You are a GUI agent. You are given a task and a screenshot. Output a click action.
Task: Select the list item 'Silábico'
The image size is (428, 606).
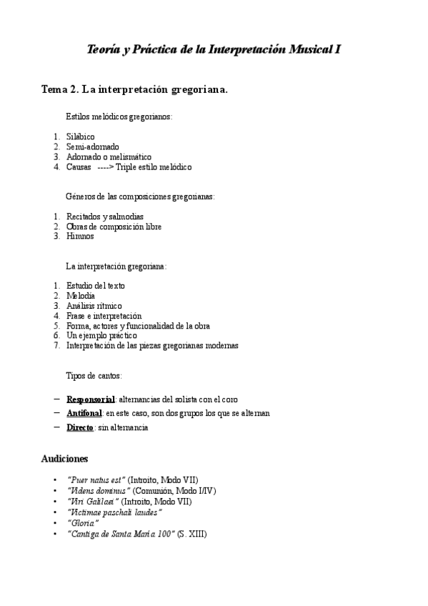tap(81, 136)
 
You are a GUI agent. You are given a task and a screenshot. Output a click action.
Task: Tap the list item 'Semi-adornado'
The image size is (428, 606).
tap(93, 146)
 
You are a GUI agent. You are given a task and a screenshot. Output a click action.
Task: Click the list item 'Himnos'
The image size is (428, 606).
tap(80, 237)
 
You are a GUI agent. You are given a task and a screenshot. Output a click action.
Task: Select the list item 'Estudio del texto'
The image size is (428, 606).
tap(96, 286)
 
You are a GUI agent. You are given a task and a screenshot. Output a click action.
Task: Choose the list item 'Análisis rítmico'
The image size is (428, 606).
tap(94, 306)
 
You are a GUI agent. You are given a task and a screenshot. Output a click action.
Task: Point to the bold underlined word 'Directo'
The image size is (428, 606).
tap(80, 427)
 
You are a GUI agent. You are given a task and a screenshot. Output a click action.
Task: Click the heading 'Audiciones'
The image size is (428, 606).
tap(64, 458)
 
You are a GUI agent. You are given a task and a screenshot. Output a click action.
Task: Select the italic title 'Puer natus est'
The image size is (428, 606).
tap(96, 479)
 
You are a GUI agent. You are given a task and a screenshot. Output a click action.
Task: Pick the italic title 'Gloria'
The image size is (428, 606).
tap(82, 523)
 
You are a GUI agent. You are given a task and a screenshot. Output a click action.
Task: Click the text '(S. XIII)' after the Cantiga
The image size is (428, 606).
tap(193, 534)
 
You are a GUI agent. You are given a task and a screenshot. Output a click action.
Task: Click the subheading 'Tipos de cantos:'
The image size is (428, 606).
tap(94, 375)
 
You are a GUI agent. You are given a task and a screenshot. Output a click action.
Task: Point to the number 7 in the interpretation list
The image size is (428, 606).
tap(56, 345)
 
